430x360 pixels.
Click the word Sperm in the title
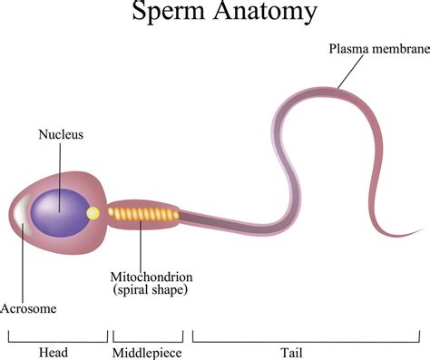click(165, 14)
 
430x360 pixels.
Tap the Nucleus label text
click(61, 134)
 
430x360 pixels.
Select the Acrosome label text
click(28, 308)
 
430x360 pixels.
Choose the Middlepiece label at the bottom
click(145, 352)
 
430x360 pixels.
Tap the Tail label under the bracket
click(308, 352)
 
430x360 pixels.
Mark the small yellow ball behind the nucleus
click(92, 214)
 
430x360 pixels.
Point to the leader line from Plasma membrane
click(350, 71)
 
